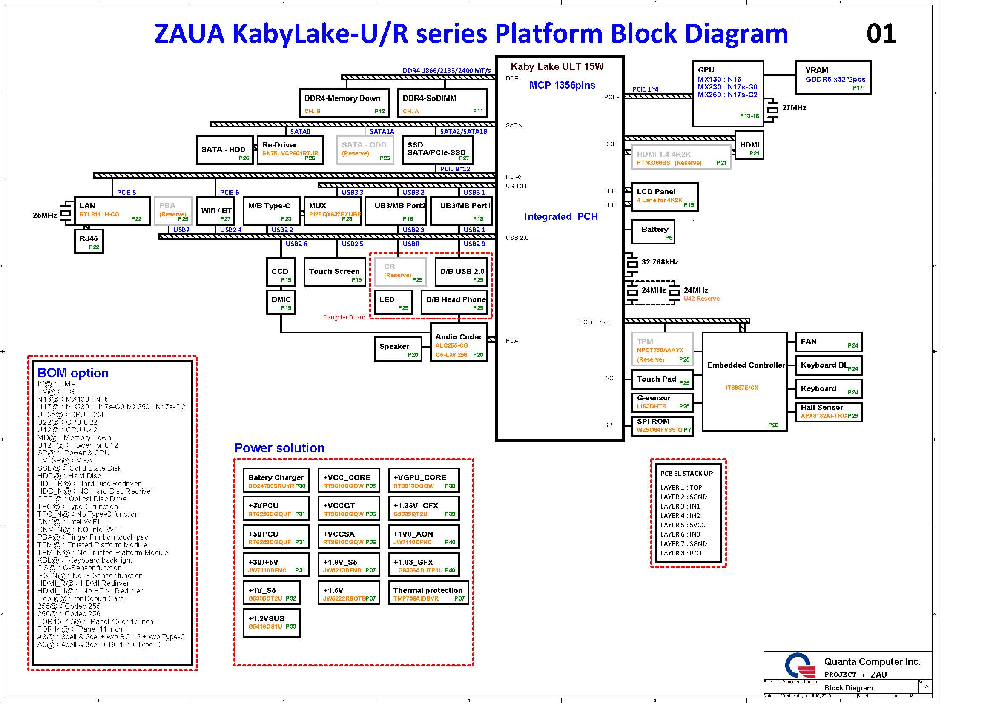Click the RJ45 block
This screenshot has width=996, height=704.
(x=89, y=241)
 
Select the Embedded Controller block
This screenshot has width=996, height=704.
(x=744, y=382)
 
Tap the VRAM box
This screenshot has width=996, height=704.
(x=833, y=77)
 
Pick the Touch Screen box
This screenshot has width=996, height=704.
(x=334, y=272)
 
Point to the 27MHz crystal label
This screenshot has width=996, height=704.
(x=794, y=108)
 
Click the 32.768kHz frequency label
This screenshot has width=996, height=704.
(x=660, y=262)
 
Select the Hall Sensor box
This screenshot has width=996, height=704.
(x=829, y=412)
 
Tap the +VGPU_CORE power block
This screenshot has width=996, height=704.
(x=424, y=480)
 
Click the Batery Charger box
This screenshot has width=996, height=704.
(x=276, y=480)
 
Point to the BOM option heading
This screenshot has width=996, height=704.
(x=73, y=373)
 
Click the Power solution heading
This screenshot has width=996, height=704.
(x=279, y=448)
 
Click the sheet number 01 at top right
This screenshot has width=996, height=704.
(x=881, y=33)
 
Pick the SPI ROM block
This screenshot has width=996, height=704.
(x=663, y=425)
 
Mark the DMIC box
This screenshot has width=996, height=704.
(x=281, y=302)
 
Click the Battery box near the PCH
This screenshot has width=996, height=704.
(x=654, y=232)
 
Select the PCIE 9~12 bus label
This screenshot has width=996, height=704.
(x=455, y=169)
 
